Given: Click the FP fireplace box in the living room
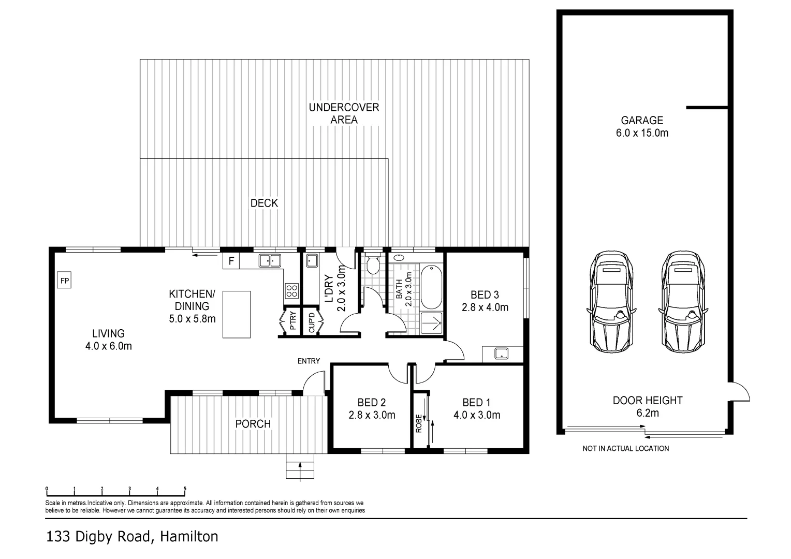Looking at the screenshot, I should tap(65, 281).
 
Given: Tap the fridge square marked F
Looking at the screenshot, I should tap(231, 261).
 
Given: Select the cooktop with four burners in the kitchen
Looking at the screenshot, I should tap(291, 291).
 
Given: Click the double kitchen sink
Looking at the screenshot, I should tap(270, 260).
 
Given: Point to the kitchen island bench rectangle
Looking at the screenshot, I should tap(236, 314).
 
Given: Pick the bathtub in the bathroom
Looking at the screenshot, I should tap(431, 287).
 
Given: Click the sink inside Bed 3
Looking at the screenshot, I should tap(501, 354).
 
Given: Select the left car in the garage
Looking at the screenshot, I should tap(611, 301).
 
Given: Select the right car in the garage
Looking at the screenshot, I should tap(684, 301).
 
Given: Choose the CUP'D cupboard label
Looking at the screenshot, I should tap(312, 322).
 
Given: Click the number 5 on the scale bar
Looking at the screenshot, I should tap(185, 489).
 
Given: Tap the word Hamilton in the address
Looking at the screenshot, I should tap(189, 537).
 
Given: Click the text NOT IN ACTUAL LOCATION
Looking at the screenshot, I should tap(625, 448).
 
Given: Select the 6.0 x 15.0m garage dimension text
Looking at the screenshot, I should tap(642, 133).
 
